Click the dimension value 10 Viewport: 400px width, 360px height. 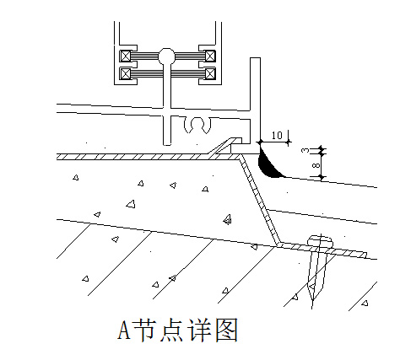click(x=277, y=136)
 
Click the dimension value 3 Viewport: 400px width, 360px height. click(x=305, y=150)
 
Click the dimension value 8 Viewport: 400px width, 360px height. click(x=316, y=165)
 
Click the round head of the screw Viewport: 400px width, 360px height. click(x=321, y=242)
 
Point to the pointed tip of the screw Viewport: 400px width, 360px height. click(x=312, y=307)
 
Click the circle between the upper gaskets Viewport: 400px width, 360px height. click(x=167, y=56)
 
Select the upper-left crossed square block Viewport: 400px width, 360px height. click(x=126, y=56)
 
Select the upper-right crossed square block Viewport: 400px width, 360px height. click(x=210, y=56)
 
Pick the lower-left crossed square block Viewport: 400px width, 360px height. click(x=126, y=74)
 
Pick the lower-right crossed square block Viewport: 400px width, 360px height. click(x=210, y=74)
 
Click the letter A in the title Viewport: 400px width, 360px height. click(x=124, y=330)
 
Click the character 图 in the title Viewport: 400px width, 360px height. click(x=227, y=330)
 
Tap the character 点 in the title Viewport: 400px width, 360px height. click(x=171, y=330)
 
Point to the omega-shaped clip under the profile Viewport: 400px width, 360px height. click(x=197, y=126)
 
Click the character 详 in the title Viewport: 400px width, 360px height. click(x=199, y=330)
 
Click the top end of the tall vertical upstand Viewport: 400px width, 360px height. click(x=255, y=58)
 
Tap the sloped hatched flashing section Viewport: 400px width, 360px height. click(x=259, y=201)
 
